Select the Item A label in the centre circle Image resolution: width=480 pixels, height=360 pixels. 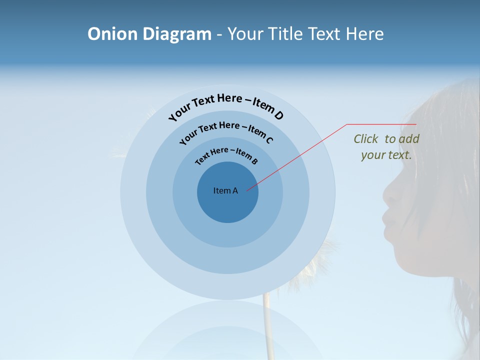(225, 190)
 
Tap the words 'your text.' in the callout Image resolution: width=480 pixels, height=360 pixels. (386, 155)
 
